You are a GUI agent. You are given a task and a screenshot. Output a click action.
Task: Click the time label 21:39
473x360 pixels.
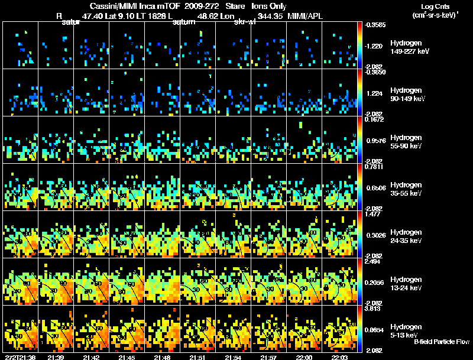tap(56, 356)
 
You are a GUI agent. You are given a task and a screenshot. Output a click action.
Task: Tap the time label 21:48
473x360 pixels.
tap(162, 356)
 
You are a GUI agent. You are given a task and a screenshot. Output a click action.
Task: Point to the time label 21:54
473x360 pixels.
tap(233, 356)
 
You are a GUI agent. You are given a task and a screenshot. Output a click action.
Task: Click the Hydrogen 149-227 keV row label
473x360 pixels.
tap(409, 47)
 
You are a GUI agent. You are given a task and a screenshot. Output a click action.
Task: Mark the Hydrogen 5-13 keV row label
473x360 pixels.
tap(406, 330)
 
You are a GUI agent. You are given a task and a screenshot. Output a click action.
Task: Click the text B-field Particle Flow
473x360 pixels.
tap(441, 342)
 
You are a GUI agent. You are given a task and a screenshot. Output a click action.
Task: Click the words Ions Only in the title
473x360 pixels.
tap(270, 5)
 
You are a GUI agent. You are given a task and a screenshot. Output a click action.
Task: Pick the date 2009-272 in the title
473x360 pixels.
tap(202, 5)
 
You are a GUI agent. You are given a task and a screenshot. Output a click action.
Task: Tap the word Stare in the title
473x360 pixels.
tap(235, 5)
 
